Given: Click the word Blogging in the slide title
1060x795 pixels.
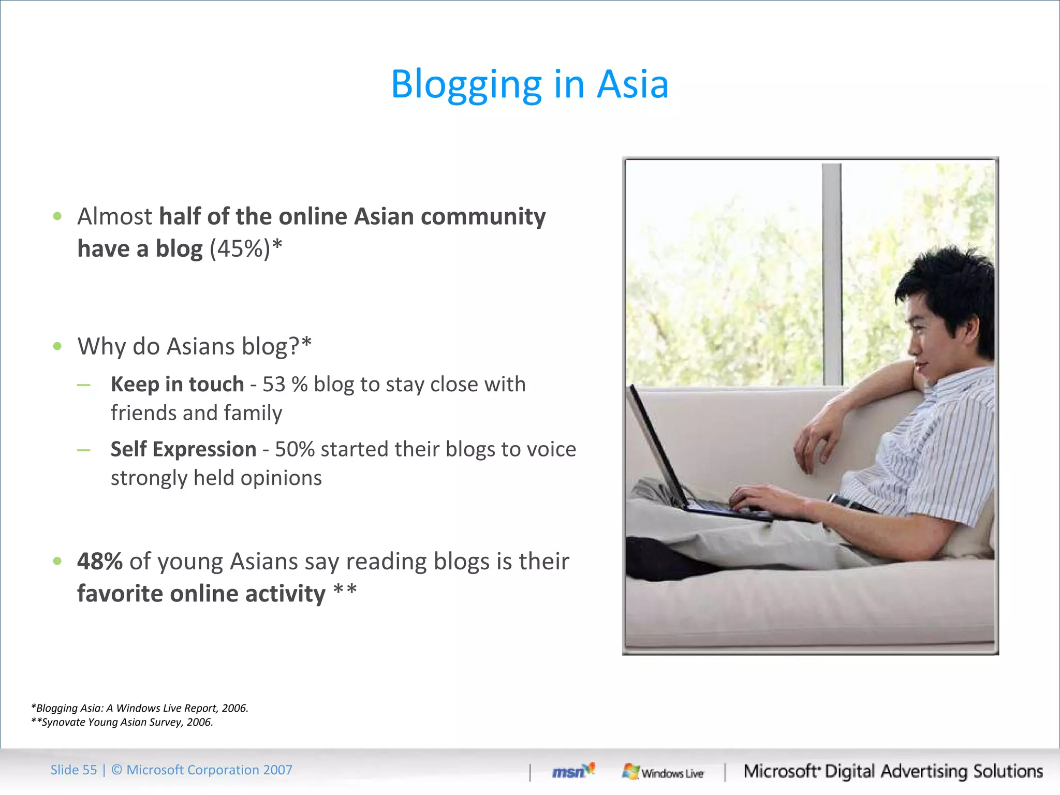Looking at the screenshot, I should tap(466, 84).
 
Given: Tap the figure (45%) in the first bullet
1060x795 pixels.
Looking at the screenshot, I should tap(240, 249).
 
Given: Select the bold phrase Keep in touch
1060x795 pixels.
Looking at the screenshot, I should tap(177, 385).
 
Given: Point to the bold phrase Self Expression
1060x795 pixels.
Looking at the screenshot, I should tap(183, 449).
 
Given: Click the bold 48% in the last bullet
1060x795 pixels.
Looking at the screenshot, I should tap(100, 562).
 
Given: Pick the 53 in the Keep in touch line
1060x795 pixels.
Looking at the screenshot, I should tap(274, 385).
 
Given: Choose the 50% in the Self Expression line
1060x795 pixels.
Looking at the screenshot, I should tap(295, 449).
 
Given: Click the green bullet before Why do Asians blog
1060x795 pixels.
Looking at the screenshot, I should tap(57, 346).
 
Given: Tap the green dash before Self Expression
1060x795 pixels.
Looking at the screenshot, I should tap(83, 450).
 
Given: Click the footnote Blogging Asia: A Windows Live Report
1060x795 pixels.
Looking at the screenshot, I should tap(140, 708).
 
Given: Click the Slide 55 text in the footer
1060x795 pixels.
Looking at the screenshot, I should tap(73, 770).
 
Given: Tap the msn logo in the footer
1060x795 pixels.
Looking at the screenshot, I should tap(572, 771).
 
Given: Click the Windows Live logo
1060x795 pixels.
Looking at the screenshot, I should tap(663, 772).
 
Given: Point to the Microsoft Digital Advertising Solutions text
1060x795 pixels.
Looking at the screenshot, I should tap(893, 771).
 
